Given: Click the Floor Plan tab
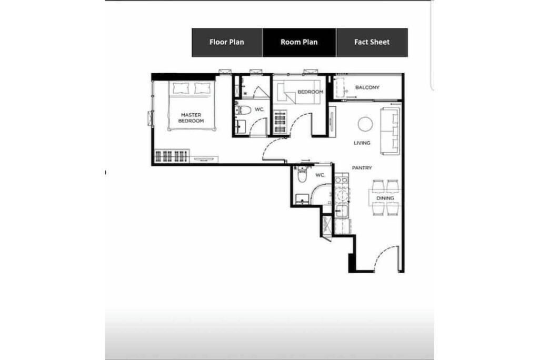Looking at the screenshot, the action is tap(227, 42).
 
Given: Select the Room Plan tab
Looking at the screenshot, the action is tap(299, 42).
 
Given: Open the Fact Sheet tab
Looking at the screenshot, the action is tap(372, 42).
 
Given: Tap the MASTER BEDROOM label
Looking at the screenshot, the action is tap(191, 118).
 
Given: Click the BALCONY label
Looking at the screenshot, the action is tap(367, 87).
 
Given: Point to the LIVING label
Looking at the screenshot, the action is tap(362, 143).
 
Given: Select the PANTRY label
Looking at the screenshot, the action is tap(362, 168).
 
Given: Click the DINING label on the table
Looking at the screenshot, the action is tap(385, 198).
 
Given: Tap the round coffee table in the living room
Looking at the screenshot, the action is tap(365, 124).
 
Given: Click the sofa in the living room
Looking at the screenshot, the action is tap(390, 131).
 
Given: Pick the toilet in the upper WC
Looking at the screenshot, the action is tap(243, 110).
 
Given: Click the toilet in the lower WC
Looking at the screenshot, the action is tap(302, 175).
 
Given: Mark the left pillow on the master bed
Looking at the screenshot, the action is tap(181, 88).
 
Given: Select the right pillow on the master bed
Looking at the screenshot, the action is tap(202, 88).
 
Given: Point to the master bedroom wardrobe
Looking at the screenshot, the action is tap(172, 156).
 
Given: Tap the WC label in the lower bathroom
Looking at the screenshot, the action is tap(320, 175).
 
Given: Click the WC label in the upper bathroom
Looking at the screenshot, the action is tap(259, 109).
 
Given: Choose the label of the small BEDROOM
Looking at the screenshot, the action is tap(311, 92).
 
